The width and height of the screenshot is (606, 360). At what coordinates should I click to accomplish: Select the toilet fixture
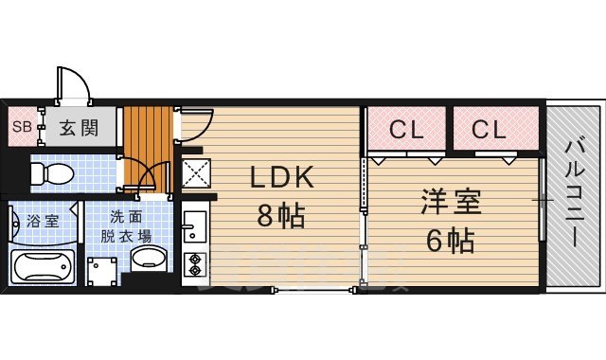[x=53, y=173]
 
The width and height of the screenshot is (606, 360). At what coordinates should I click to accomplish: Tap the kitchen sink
[x=194, y=227]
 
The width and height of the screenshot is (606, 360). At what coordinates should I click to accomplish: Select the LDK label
[x=280, y=178]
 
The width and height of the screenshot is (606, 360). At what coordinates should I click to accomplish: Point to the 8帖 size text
[x=280, y=217]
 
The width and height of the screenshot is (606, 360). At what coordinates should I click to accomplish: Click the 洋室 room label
[x=451, y=203]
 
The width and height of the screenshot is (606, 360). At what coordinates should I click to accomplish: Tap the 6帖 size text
[x=451, y=241]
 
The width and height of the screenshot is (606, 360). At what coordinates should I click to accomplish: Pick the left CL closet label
[x=405, y=130]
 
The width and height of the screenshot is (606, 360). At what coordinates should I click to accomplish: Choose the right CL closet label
[x=490, y=130]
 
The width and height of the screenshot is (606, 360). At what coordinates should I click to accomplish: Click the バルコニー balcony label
[x=575, y=194]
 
